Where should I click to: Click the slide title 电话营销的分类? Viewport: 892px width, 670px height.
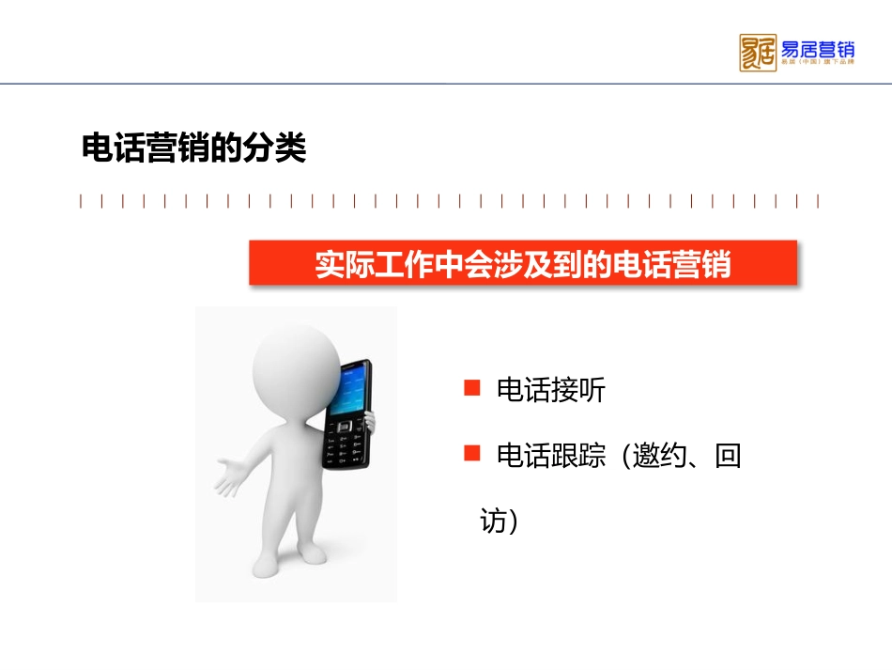coord(194,148)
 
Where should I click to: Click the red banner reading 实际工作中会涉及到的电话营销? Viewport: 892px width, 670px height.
coord(523,263)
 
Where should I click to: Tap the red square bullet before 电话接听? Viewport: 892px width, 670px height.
coord(472,388)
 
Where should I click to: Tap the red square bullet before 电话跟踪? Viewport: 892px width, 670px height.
coord(472,455)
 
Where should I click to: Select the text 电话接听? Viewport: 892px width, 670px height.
coord(551,390)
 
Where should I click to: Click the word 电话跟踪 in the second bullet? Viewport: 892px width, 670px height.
coord(551,457)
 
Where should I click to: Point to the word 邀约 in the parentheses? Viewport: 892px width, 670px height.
coord(659,457)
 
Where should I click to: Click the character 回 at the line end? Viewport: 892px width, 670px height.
coord(728,457)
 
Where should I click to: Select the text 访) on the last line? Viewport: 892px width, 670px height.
coord(499,521)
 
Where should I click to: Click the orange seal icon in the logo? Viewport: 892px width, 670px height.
coord(758,53)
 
